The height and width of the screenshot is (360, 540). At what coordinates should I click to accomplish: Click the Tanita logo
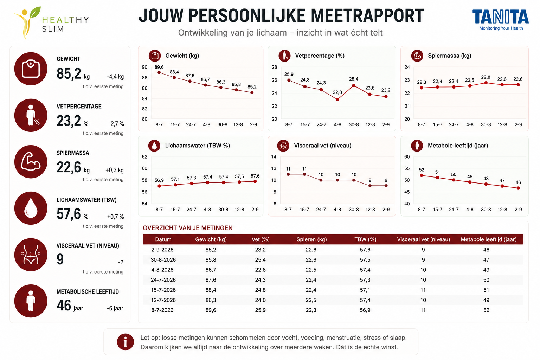tap(501, 20)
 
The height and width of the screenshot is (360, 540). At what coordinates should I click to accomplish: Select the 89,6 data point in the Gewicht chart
tap(159, 72)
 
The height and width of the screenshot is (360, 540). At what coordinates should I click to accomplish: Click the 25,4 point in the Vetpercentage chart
tap(354, 85)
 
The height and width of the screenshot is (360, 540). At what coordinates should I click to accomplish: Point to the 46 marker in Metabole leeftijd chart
tap(518, 188)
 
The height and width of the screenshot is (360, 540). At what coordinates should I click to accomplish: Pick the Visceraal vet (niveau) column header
tap(423, 239)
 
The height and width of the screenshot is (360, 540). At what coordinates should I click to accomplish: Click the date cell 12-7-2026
tap(163, 300)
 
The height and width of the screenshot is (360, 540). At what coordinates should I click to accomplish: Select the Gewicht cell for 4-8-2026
tap(211, 270)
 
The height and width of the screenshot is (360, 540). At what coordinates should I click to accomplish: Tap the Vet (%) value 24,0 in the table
tap(261, 300)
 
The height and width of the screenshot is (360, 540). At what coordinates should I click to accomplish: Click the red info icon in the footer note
tap(126, 342)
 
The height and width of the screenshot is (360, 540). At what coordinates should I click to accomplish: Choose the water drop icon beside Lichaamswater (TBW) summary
tap(31, 208)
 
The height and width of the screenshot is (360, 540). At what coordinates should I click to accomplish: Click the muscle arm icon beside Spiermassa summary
tap(31, 162)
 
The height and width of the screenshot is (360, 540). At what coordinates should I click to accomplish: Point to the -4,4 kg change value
tap(115, 77)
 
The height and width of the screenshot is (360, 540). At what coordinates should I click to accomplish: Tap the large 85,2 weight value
tap(69, 74)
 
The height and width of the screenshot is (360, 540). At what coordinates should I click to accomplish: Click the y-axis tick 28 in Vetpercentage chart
tap(274, 67)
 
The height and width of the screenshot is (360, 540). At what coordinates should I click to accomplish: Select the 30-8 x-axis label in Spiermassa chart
tap(486, 125)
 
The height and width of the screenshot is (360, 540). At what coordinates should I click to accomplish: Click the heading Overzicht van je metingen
tap(187, 228)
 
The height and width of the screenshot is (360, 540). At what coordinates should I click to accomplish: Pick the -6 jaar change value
tap(115, 308)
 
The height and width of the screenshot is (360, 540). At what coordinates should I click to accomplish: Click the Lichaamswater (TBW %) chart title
tap(198, 146)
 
